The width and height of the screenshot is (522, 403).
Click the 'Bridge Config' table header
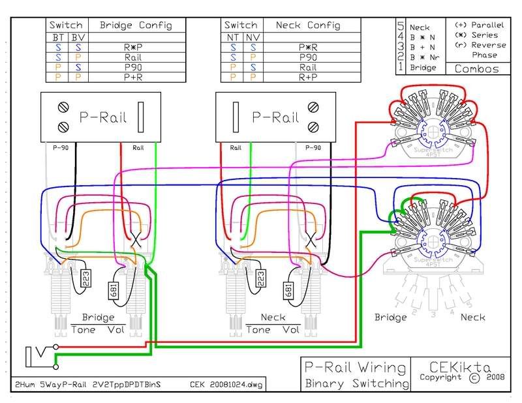[136, 25]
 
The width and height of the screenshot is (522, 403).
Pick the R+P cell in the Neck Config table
[308, 76]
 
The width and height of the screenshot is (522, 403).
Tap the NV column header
[252, 38]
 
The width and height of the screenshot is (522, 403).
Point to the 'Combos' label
[476, 68]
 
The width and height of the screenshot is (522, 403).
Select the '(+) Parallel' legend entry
[477, 25]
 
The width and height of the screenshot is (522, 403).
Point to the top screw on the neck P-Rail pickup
[315, 106]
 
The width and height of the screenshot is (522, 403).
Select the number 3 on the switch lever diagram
[433, 314]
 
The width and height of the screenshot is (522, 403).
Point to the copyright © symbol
[474, 378]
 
